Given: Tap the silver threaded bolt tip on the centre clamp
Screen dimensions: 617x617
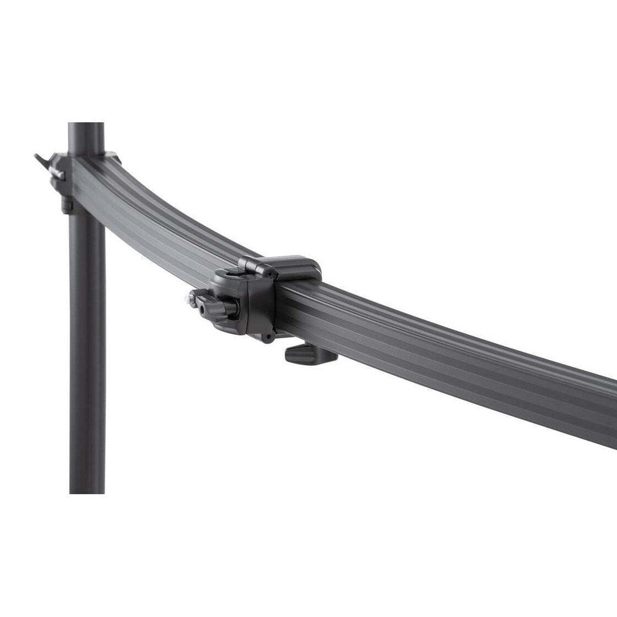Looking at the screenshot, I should click(x=187, y=300).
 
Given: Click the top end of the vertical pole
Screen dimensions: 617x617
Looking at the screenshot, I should click(x=86, y=126).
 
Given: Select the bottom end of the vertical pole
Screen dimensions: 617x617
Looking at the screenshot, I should click(x=86, y=491).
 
